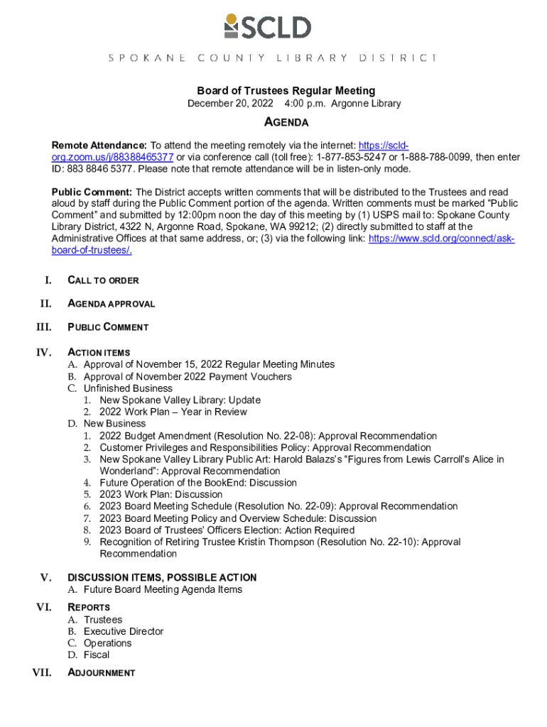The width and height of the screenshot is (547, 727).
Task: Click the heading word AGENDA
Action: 286,123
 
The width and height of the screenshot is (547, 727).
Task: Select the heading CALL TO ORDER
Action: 103,280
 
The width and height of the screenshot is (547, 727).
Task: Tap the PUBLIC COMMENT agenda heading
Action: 108,327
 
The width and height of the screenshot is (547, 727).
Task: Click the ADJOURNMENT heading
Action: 101,672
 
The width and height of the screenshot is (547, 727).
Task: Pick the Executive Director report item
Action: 123,631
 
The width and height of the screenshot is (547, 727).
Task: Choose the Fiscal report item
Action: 97,655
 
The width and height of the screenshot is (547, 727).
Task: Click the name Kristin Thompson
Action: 278,542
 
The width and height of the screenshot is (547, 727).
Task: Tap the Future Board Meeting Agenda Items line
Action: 163,589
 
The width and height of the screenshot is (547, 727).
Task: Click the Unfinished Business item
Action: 128,388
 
